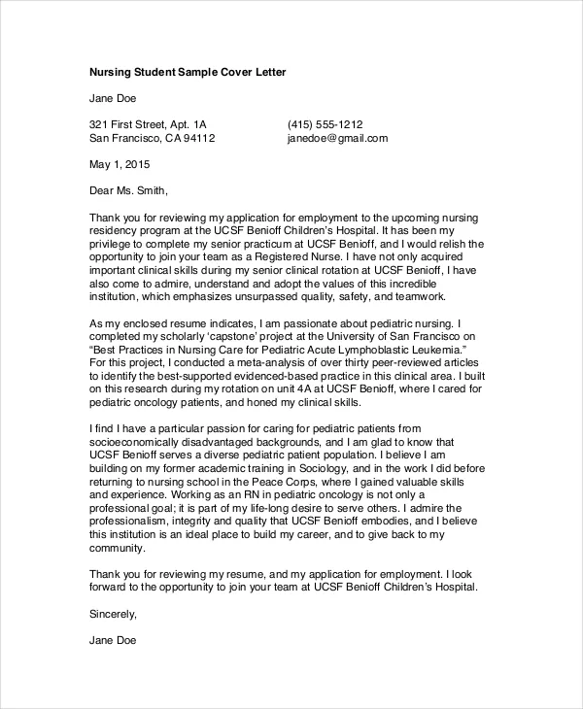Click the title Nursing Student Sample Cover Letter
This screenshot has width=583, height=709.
[188, 72]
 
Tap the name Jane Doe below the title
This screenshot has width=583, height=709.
[113, 98]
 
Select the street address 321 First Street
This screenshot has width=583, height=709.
[130, 124]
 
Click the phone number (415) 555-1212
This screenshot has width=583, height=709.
[325, 124]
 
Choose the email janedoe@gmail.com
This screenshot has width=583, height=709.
[337, 139]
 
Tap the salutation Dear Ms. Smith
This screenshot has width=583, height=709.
[127, 190]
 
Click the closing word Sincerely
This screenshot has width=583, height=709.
[113, 614]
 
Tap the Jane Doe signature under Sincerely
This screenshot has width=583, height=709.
[113, 641]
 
